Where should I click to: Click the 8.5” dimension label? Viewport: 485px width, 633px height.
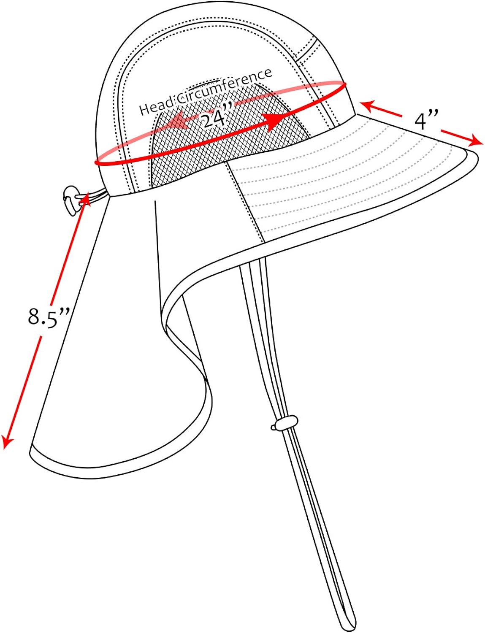click(49, 316)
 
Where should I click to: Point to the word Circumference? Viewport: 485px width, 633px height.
click(224, 86)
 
